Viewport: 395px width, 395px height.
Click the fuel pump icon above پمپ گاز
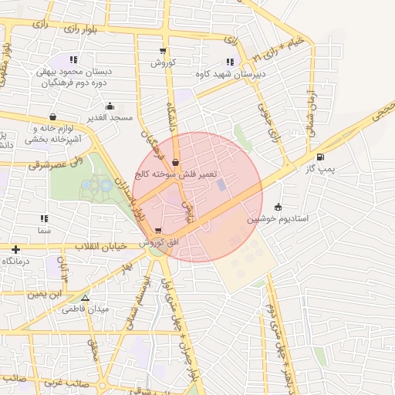coord(320,157)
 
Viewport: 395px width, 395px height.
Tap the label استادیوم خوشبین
coord(278,219)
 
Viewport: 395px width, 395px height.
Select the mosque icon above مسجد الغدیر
coord(110,106)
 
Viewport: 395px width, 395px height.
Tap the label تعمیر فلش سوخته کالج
coord(177,175)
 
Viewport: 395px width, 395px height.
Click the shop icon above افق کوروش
coord(158,231)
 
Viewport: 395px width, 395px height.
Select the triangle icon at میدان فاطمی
coord(85,298)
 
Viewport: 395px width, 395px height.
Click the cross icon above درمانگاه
coord(15,249)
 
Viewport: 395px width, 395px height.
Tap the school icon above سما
coord(43,219)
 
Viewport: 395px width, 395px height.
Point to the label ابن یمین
coord(46,295)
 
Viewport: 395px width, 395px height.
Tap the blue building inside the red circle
coord(222,185)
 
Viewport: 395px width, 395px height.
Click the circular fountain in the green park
coord(103,185)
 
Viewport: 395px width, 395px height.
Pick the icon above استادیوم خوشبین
coord(278,207)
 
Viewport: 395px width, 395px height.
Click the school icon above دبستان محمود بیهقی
coord(73,59)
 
